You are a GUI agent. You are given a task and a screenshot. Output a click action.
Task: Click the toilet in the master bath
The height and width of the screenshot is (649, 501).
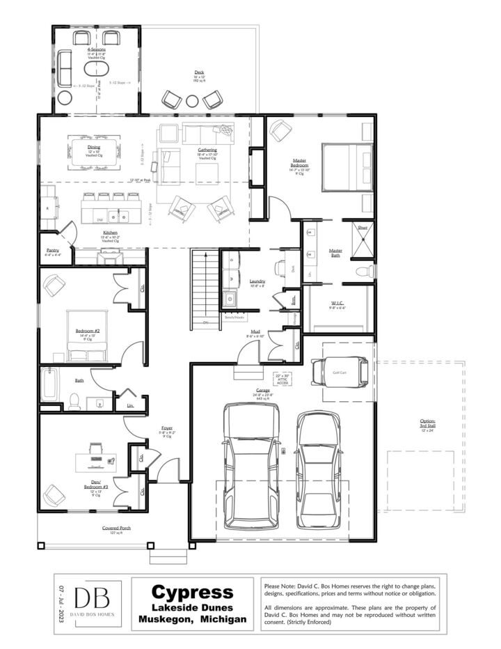pos(364,271)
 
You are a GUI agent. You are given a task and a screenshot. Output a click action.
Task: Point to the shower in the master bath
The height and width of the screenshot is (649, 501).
pos(363,237)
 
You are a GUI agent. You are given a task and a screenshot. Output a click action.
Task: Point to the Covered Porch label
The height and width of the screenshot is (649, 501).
pos(116,530)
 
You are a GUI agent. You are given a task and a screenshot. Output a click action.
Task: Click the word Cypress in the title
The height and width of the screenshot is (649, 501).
pos(192,592)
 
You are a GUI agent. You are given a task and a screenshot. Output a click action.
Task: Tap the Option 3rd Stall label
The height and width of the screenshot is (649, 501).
pos(427,424)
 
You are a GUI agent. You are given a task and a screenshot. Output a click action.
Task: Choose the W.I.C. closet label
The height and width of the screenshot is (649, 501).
pos(338,304)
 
